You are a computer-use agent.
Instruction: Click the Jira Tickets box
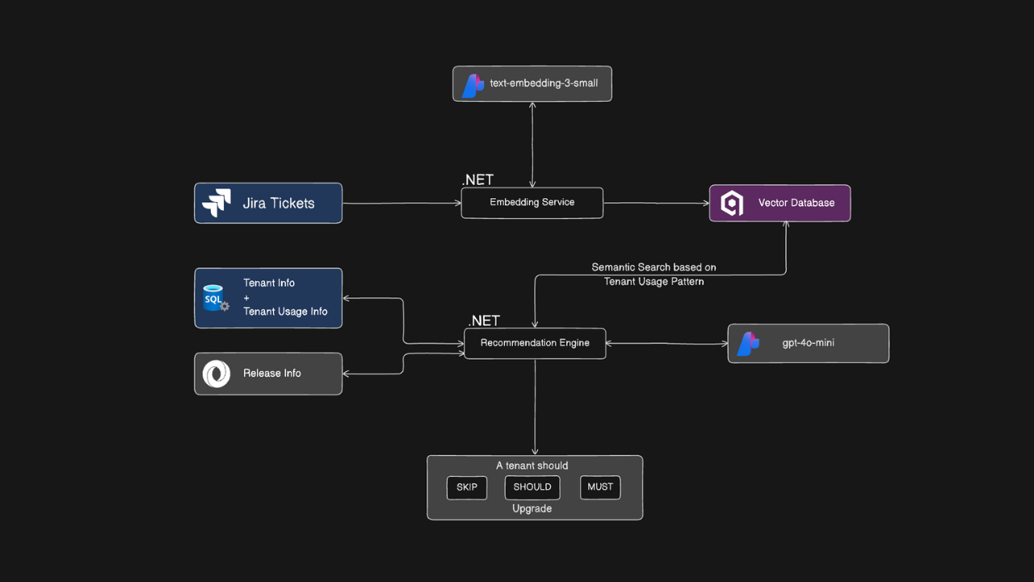tap(268, 203)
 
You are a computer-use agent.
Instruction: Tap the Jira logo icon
tap(216, 203)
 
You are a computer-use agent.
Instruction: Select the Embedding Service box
tap(532, 203)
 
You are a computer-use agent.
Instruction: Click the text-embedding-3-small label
tap(544, 83)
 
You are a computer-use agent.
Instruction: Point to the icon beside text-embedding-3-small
tap(473, 85)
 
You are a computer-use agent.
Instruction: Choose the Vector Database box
tap(780, 203)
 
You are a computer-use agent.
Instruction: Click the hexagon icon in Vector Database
tap(732, 204)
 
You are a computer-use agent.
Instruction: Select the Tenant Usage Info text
tap(285, 312)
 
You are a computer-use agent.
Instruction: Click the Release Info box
tap(268, 373)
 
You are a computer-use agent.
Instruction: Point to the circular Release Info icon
tap(216, 374)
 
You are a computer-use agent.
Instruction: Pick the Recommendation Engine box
tap(535, 343)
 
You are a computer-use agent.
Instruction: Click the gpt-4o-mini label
tap(808, 344)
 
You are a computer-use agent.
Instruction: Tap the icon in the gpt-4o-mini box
tap(749, 344)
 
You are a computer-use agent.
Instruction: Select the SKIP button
tap(467, 487)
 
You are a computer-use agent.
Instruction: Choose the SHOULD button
tap(532, 487)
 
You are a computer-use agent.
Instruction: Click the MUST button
tap(600, 487)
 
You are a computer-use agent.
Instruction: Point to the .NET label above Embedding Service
tap(477, 180)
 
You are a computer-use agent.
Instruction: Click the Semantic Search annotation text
tap(654, 274)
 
